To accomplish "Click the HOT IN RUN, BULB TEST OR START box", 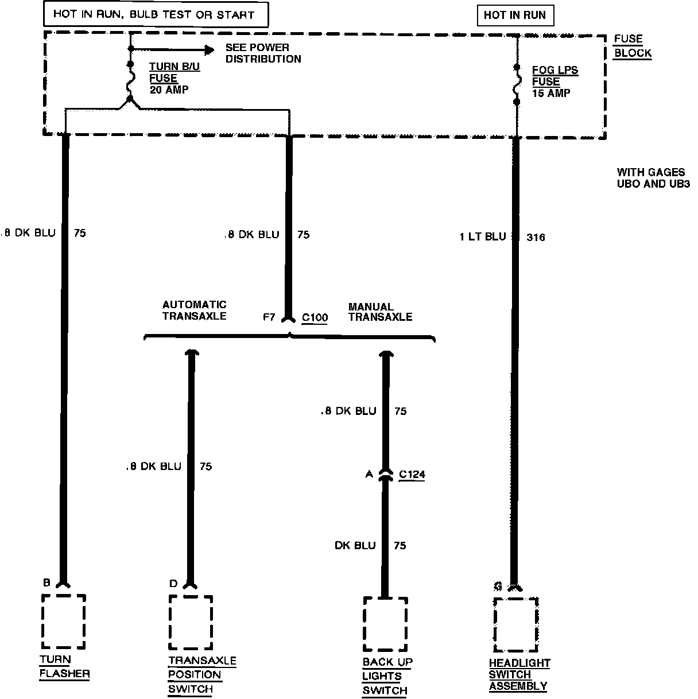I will coord(156,14).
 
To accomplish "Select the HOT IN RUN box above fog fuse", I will coord(515,15).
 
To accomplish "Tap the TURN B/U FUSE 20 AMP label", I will coord(174,78).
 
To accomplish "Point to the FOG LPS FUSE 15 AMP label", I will coord(554,81).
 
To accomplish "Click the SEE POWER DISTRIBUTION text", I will coord(263,53).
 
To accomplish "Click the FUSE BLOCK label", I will coord(633,46).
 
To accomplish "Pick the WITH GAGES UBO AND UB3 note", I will coord(653,178).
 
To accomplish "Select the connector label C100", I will coord(315,317).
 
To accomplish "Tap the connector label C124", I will coord(412,475).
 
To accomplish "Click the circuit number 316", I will coord(536,237).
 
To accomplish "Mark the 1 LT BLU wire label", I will coord(483,236).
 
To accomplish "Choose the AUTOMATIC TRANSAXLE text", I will coord(194,310).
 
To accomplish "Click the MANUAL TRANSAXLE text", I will coord(380,312).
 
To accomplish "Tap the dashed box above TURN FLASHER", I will coord(64,622).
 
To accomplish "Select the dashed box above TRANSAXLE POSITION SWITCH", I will coord(191,623).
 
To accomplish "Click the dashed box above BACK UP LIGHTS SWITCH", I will coord(385,624).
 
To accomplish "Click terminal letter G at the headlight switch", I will coord(498,586).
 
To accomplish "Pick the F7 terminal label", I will coord(269,317).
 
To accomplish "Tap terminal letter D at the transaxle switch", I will coord(173,584).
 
